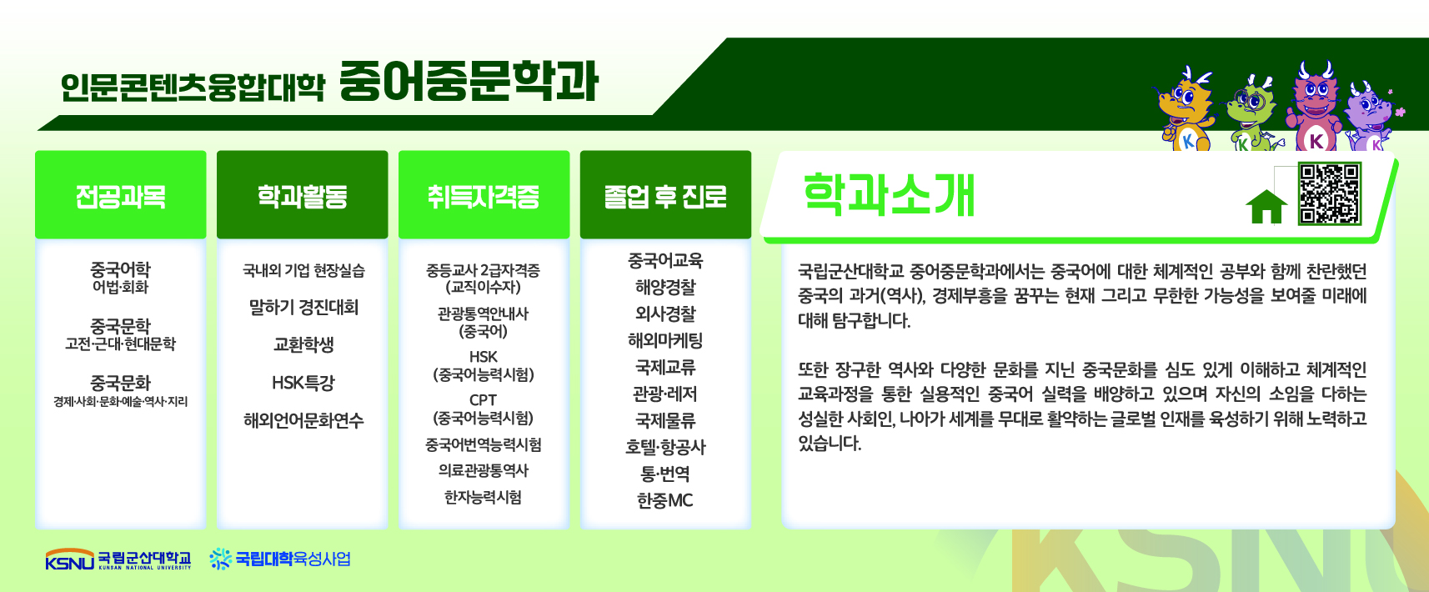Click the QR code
(1330, 193)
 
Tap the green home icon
(1266, 207)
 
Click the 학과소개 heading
(889, 195)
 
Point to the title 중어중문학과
(469, 82)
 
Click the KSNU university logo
(118, 559)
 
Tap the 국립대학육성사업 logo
(280, 559)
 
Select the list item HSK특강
(303, 383)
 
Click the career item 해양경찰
(665, 287)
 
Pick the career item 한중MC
(665, 500)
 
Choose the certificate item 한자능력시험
(484, 497)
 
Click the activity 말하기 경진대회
(303, 308)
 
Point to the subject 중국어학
(121, 268)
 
